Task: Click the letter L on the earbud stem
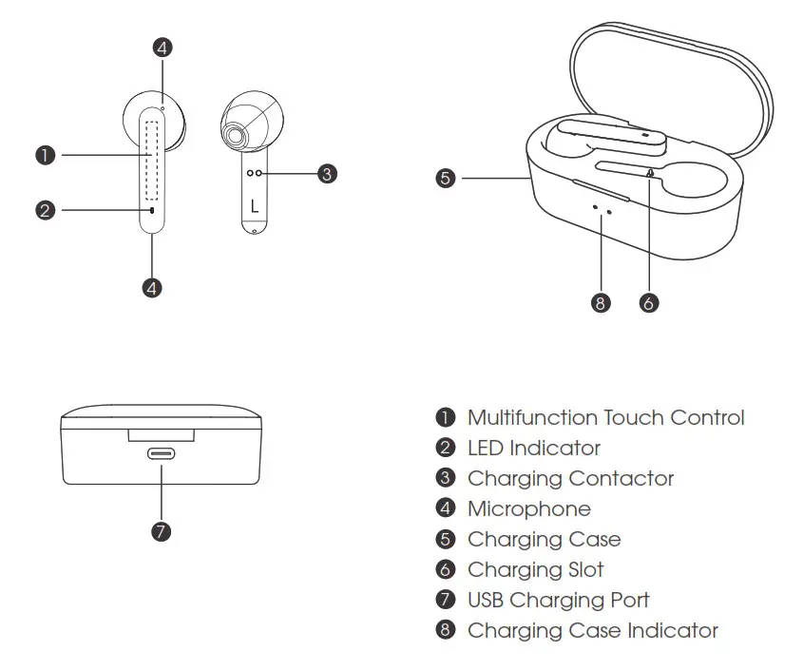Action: [x=254, y=205]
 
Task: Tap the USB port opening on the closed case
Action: [x=161, y=453]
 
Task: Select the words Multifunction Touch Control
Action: [x=605, y=417]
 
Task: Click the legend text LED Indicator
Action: [x=534, y=448]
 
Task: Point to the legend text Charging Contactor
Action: [x=570, y=478]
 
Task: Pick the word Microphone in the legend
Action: [x=528, y=508]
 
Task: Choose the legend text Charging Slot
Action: [x=535, y=569]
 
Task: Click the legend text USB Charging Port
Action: [x=559, y=600]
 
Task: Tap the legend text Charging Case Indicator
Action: [x=593, y=630]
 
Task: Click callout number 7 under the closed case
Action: [x=161, y=531]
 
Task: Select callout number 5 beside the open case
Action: [x=446, y=177]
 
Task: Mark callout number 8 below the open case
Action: [x=600, y=303]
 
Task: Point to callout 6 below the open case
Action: [x=648, y=303]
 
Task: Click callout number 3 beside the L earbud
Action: [x=326, y=173]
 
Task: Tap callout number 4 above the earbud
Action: [x=163, y=47]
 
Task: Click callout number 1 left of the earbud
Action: [x=45, y=154]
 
